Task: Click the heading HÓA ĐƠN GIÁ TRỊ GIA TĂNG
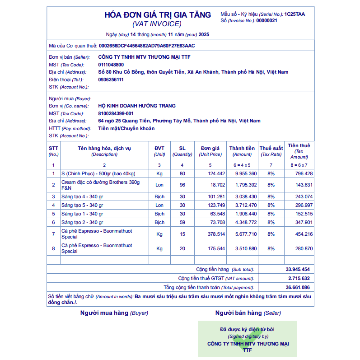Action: tap(158, 14)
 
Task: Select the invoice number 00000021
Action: tap(267, 20)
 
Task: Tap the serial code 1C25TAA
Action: tap(295, 14)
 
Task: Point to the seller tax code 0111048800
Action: tap(111, 65)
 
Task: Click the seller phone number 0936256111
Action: tap(111, 79)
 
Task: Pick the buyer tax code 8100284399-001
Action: tap(116, 113)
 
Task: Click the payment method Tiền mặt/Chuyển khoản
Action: tap(126, 128)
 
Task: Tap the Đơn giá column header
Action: tap(210, 151)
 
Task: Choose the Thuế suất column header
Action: tap(271, 151)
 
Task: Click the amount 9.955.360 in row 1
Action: tap(246, 173)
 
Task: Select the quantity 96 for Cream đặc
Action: tap(182, 185)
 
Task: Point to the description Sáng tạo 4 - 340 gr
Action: tap(82, 196)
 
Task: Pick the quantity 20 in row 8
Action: tap(182, 248)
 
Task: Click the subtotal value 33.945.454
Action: tap(298, 269)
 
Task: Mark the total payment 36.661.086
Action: tap(298, 287)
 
